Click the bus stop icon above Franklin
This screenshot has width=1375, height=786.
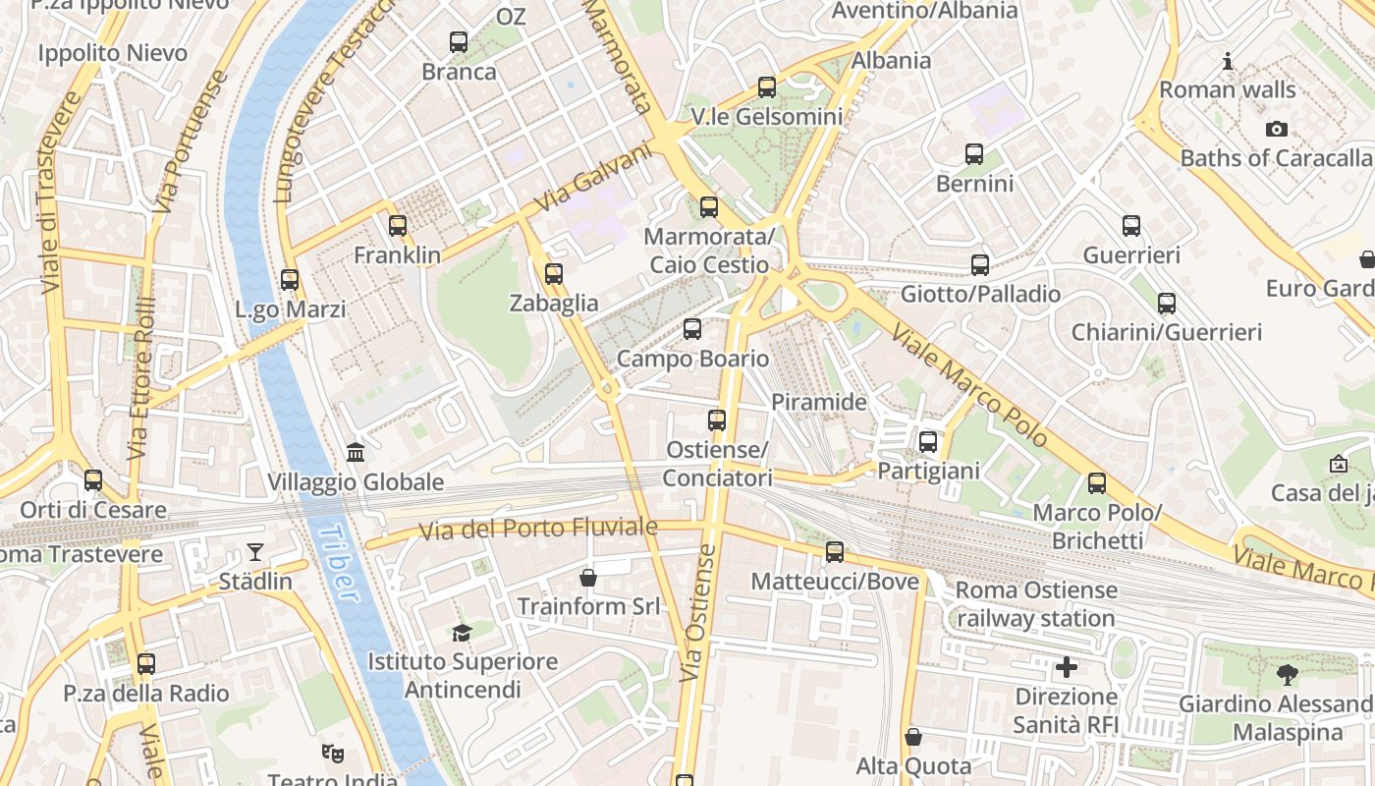[397, 226]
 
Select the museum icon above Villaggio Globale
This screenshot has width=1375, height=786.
[356, 453]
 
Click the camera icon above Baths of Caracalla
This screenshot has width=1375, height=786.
[1276, 129]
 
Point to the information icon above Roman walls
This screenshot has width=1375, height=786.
[1228, 62]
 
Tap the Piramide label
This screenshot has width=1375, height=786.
[819, 402]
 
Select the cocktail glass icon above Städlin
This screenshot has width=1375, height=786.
[255, 552]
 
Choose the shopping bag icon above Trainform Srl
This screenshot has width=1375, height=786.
[588, 578]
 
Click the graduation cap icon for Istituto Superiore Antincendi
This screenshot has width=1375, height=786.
[462, 633]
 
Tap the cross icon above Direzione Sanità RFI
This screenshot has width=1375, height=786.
[1066, 668]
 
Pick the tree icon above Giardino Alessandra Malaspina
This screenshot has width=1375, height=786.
[1287, 675]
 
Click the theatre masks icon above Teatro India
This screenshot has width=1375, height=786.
[333, 755]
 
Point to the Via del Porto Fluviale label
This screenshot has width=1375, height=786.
[538, 529]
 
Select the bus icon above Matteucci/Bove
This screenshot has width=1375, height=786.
[835, 552]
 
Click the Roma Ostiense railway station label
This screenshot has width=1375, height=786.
[1036, 604]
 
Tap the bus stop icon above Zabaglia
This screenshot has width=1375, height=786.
[554, 274]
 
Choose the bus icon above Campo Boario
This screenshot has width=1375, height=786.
[692, 329]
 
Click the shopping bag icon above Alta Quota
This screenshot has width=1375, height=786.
[913, 737]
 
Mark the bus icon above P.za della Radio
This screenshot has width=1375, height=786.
[146, 664]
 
